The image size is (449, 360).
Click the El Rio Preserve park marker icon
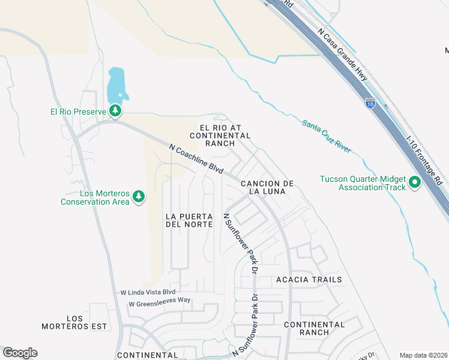115,111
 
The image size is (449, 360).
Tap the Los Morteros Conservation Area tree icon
139,196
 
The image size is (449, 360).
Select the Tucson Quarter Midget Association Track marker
414,182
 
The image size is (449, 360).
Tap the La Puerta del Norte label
189,220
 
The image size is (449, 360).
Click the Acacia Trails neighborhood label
309,280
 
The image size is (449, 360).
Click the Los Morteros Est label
74,322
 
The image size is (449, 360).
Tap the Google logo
20,353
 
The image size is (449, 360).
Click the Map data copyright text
423,355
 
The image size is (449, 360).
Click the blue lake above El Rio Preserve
116,85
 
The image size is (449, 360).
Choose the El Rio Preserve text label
78,111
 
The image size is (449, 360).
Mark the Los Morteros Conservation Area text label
95,197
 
